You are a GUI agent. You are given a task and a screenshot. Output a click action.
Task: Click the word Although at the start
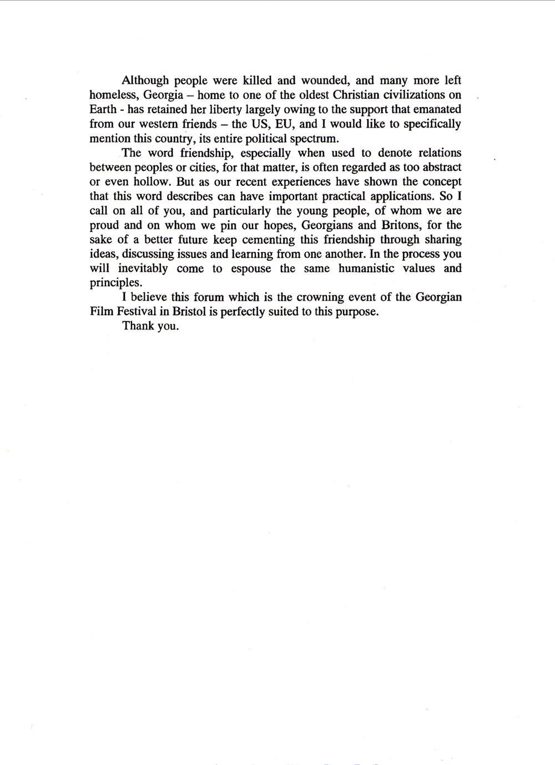[x=145, y=80]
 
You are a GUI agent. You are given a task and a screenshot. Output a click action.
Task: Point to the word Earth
[x=103, y=109]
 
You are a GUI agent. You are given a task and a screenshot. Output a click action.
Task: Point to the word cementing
[x=259, y=240]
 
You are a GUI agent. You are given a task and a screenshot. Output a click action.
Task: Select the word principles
[x=114, y=283]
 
